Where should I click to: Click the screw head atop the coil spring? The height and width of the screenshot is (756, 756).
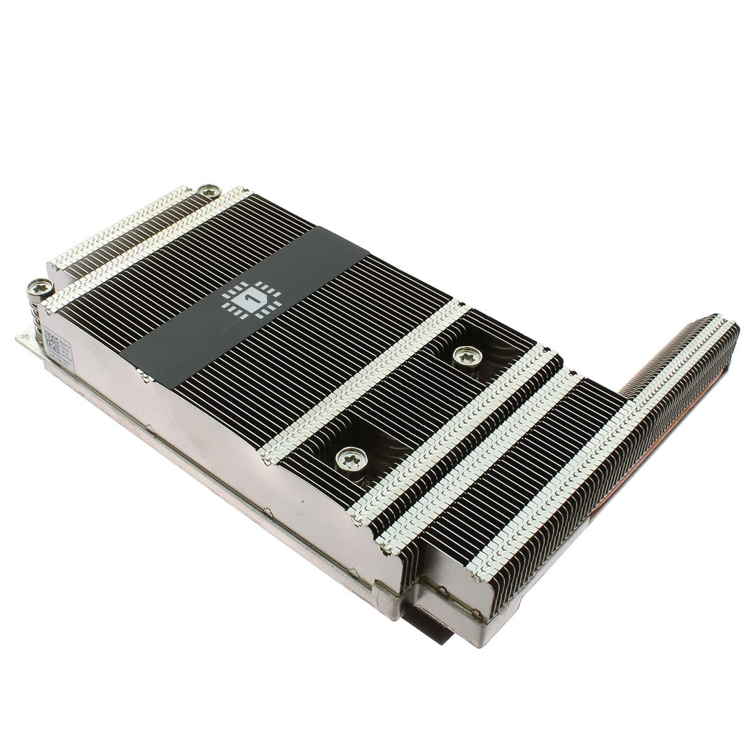point(39,287)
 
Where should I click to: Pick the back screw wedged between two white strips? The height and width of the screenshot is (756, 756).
point(208,191)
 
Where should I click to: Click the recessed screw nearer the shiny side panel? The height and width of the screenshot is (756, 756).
point(351,458)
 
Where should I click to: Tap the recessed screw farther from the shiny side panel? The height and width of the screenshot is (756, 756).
point(467,356)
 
